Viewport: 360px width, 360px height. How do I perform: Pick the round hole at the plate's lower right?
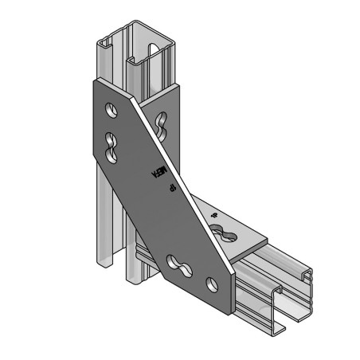[x=211, y=283]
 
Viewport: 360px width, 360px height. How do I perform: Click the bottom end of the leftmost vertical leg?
[x=99, y=264]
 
